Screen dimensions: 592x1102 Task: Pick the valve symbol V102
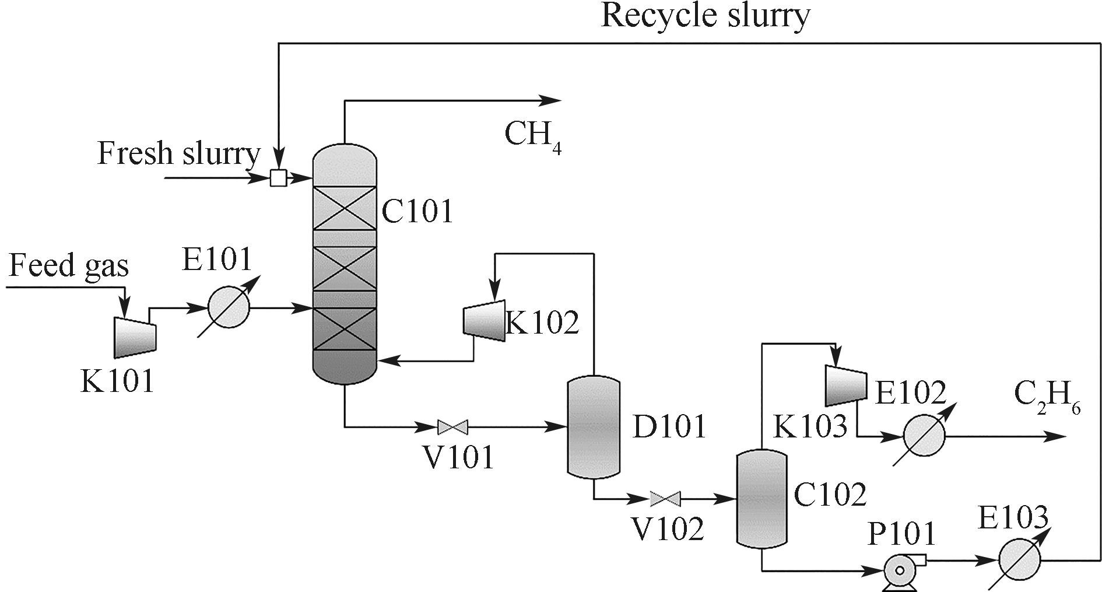(665, 499)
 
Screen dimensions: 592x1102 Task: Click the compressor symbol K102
(484, 321)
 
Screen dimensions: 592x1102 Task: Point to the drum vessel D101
(594, 428)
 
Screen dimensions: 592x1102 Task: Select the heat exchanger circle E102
(924, 436)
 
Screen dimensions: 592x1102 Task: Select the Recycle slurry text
(705, 16)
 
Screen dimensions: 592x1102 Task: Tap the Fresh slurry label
(178, 154)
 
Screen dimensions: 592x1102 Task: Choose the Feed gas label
(69, 265)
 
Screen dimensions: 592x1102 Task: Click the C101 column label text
(417, 211)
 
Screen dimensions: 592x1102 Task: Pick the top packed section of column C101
(344, 208)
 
